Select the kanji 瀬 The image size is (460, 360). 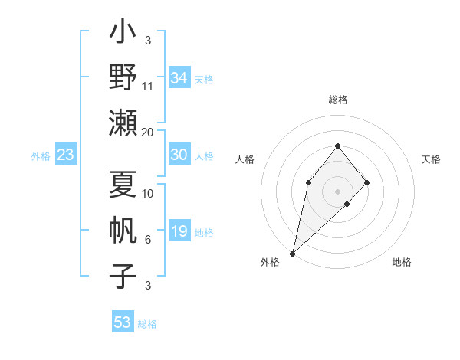[123, 123]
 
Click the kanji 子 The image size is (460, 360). [123, 277]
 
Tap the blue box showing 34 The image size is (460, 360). [179, 78]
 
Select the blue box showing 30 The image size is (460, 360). [179, 155]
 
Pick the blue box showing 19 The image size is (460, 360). [179, 231]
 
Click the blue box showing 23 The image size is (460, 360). [66, 155]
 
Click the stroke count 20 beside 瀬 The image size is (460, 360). [148, 132]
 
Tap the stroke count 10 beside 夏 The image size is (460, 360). [148, 194]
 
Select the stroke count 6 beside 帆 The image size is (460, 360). [147, 240]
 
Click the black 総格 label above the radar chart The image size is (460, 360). [337, 100]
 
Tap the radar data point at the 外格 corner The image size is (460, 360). [292, 254]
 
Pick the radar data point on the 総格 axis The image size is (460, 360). [337, 146]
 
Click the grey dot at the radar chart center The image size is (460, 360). [337, 191]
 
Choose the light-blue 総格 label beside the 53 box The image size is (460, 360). [147, 324]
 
